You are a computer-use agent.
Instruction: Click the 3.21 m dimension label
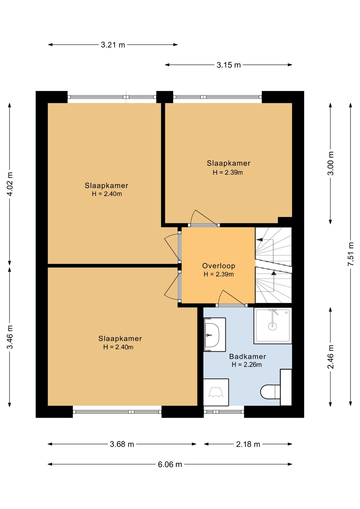pos(113,45)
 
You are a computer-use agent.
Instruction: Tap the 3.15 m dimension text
pos(229,65)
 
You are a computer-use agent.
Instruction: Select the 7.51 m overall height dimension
pos(351,254)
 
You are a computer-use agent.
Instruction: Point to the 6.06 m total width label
pos(170,464)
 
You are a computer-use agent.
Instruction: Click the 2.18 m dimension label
pos(248,444)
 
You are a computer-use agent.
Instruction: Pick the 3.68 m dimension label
pos(122,444)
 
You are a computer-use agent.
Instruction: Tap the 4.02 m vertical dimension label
pos(10,184)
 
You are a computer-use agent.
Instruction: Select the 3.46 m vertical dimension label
pos(10,337)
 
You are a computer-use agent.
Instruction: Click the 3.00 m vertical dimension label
pos(331,163)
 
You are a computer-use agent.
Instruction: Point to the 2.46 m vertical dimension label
pos(331,357)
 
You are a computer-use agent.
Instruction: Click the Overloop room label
pos(219,266)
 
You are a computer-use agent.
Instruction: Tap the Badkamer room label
pos(248,357)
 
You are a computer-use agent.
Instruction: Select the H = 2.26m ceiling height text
pos(247,365)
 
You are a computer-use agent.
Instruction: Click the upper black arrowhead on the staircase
pos(260,240)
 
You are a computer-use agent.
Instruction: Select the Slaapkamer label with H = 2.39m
pos(229,163)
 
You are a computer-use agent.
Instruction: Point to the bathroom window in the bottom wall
pos(224,412)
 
